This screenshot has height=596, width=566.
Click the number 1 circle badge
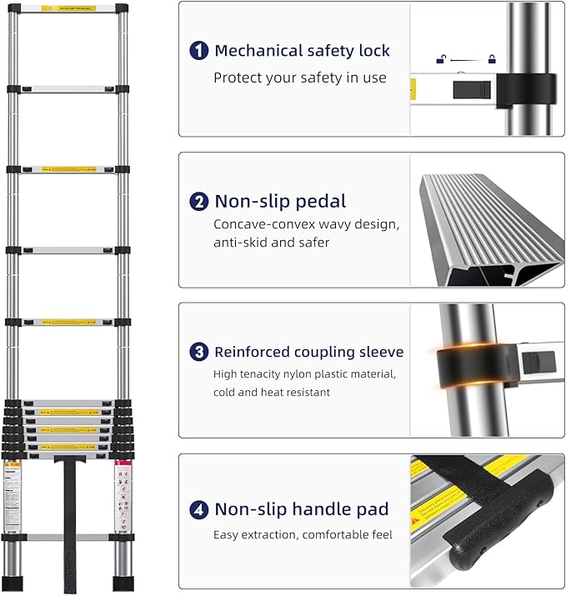click(x=199, y=51)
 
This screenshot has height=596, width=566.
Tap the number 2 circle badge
click(x=199, y=201)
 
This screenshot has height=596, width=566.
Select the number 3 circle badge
click(x=199, y=352)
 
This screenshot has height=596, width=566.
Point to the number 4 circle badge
click(x=199, y=508)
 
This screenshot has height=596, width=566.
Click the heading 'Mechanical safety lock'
click(x=302, y=51)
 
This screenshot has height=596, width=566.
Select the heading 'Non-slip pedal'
click(x=280, y=201)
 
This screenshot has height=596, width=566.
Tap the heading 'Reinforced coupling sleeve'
click(x=308, y=352)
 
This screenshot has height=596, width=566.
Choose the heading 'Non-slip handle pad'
click(x=301, y=508)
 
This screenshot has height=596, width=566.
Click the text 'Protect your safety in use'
click(x=300, y=78)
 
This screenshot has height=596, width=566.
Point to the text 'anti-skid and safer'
click(x=272, y=243)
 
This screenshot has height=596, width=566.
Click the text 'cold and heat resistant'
click(x=272, y=392)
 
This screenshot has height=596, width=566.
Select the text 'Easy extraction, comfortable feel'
click(x=303, y=534)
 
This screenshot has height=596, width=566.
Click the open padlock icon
click(x=441, y=58)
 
